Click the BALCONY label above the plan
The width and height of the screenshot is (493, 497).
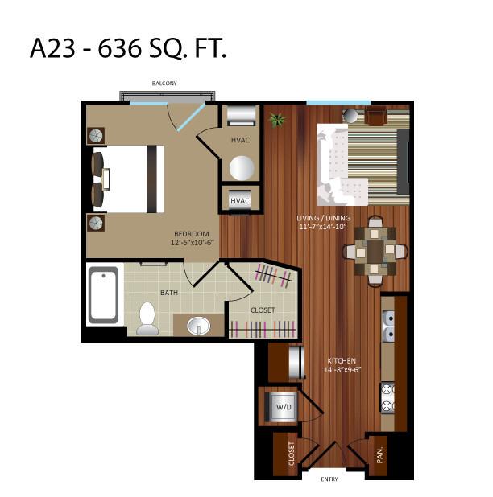(164, 84)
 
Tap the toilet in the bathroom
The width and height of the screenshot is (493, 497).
(147, 318)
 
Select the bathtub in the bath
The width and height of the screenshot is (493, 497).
(103, 295)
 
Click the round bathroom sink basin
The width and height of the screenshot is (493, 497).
(198, 326)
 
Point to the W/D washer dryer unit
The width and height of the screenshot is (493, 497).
(282, 407)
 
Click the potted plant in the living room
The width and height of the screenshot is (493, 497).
(277, 120)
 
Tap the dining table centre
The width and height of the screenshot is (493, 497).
(375, 251)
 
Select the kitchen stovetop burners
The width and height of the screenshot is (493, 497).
(387, 397)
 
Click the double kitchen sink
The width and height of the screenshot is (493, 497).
(388, 327)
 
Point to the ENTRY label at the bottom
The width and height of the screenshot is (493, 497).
(329, 479)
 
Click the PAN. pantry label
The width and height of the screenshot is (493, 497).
(380, 454)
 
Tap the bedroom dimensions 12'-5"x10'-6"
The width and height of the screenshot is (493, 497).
(193, 243)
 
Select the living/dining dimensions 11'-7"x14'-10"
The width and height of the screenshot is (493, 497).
(322, 227)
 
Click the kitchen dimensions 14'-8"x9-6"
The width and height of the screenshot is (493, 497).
(342, 370)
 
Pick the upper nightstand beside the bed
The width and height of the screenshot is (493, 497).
(96, 136)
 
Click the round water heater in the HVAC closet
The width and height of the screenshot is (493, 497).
(242, 168)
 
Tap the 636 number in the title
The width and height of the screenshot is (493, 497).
(119, 48)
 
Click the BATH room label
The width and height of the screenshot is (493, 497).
(169, 293)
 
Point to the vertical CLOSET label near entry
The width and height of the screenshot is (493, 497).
(291, 454)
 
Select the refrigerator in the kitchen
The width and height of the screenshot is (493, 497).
(296, 363)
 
